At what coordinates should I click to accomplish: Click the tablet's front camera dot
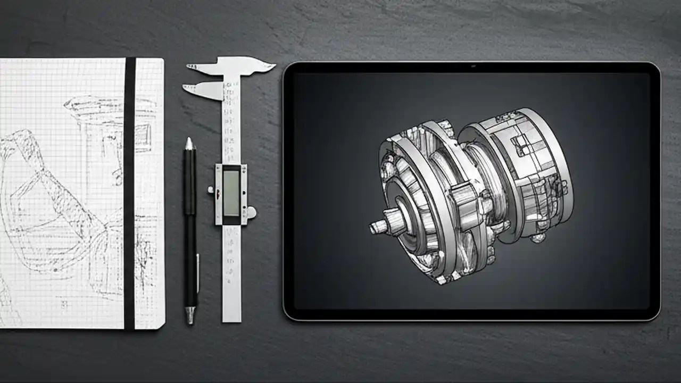click(x=471, y=67)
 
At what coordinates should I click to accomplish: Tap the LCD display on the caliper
click(x=231, y=193)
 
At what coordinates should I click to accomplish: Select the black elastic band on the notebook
click(x=129, y=191)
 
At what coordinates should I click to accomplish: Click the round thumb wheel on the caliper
click(x=251, y=212)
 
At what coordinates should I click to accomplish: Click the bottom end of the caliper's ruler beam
click(x=231, y=317)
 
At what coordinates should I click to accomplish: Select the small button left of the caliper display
click(x=211, y=189)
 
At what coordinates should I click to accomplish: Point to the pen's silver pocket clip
click(x=197, y=271)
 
